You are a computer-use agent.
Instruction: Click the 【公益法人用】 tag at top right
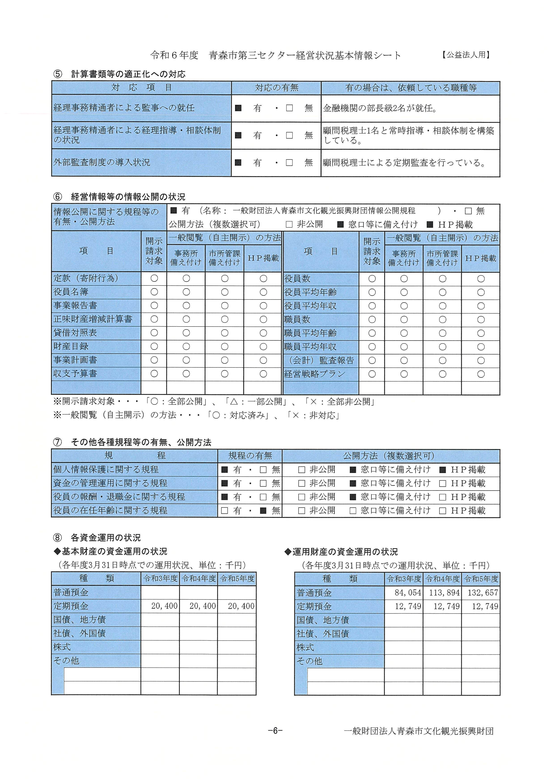click(x=466, y=55)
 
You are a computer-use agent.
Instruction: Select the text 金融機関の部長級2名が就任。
click(x=380, y=109)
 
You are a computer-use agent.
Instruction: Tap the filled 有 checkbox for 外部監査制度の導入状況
click(x=238, y=163)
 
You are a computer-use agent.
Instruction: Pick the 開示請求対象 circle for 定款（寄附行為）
click(x=154, y=278)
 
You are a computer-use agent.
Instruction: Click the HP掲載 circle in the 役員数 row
click(x=481, y=279)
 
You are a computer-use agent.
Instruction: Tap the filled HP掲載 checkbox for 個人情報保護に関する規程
click(x=443, y=470)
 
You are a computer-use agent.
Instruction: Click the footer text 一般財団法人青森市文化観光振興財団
click(x=418, y=731)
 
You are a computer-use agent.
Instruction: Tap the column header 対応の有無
click(x=276, y=88)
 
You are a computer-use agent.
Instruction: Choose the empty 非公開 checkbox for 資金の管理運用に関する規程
click(x=301, y=483)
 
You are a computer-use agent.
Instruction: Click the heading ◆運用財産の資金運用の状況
click(x=341, y=552)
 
